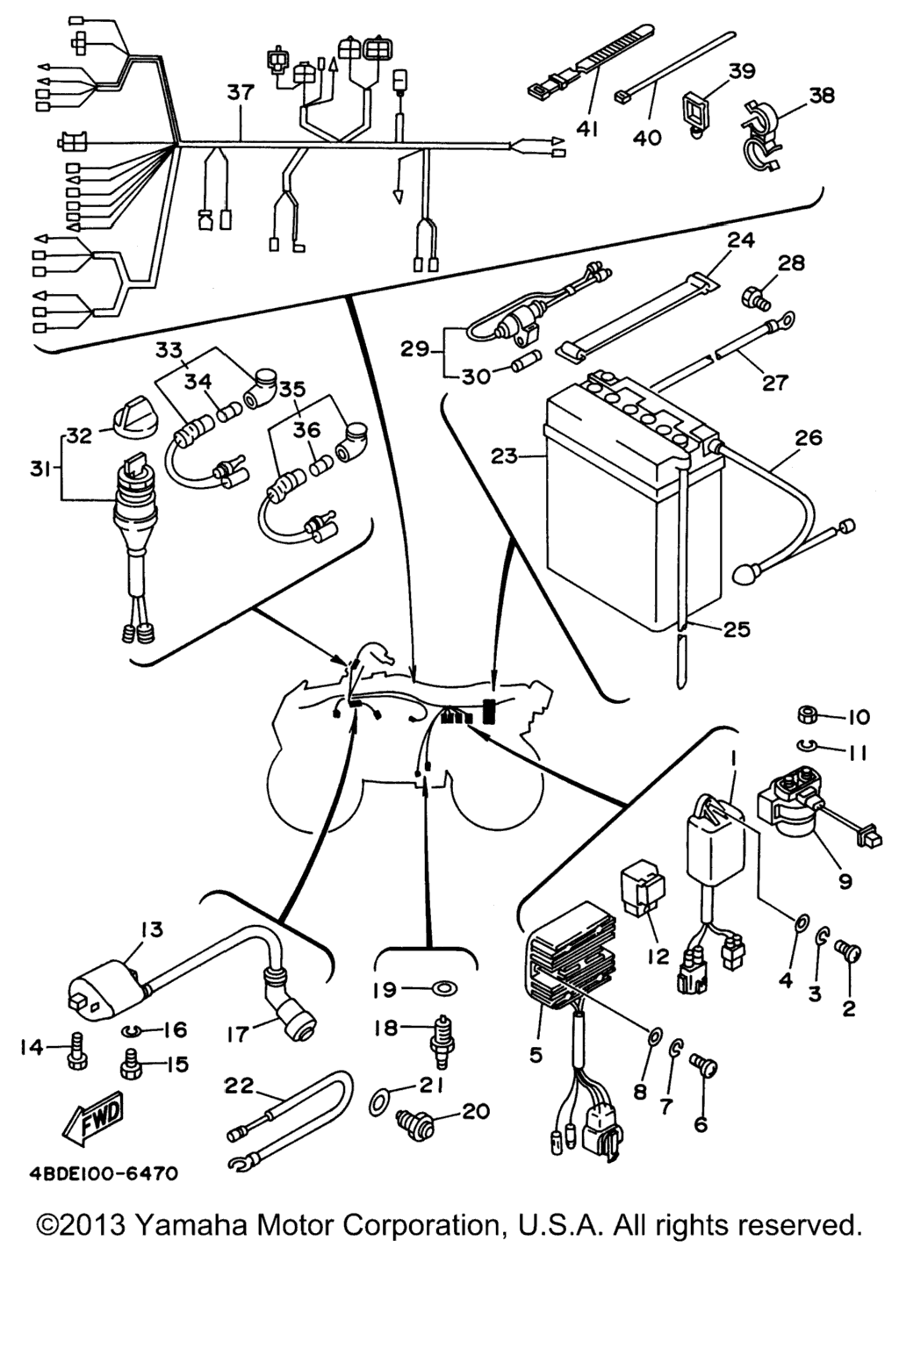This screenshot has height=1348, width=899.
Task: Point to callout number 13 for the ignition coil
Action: coord(151,929)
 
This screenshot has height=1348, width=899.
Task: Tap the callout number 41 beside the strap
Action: coord(587,129)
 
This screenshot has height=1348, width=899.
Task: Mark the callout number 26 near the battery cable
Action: coord(808,436)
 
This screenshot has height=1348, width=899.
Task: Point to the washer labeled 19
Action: coord(443,989)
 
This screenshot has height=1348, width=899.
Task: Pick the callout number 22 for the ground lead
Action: coord(237,1086)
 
